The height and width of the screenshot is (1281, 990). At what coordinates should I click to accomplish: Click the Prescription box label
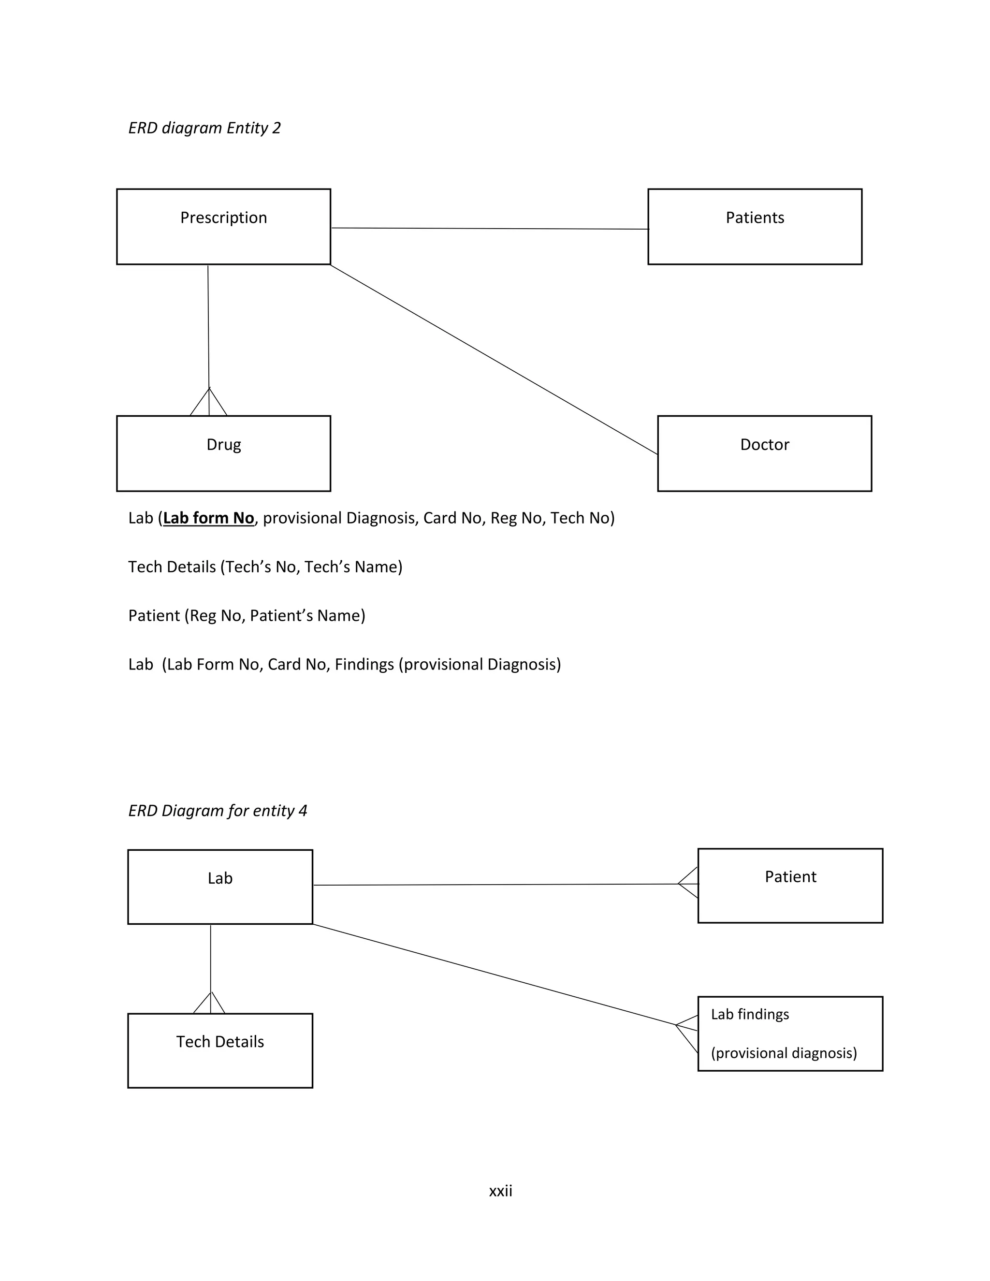[223, 218]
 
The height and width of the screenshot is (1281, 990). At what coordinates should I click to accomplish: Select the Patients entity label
[754, 218]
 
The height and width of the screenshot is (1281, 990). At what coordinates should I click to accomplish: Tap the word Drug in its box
[223, 445]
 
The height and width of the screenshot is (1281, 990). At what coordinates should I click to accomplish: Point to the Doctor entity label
[764, 445]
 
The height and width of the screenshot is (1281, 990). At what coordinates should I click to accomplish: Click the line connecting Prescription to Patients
[490, 229]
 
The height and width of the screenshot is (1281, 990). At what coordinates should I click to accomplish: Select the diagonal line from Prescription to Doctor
[494, 360]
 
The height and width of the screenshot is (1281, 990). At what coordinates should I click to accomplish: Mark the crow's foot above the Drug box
[209, 403]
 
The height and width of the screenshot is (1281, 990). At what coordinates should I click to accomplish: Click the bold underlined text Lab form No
[208, 518]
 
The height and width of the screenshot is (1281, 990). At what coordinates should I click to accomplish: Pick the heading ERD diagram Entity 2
[204, 128]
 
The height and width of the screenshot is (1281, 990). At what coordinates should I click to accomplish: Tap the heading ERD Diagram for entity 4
[218, 811]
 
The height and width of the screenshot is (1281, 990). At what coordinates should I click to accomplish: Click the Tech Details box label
[220, 1042]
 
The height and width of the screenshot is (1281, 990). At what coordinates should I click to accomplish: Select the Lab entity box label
[220, 878]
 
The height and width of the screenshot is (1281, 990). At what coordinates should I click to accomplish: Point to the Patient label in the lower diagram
[790, 877]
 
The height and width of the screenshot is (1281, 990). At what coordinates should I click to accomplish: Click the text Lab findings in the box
[750, 1014]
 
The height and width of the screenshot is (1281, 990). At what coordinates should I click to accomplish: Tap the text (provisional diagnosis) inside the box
[784, 1053]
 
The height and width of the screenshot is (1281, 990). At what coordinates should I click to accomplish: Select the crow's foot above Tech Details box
[210, 1004]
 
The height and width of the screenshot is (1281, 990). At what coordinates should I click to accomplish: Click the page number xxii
[500, 1191]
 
